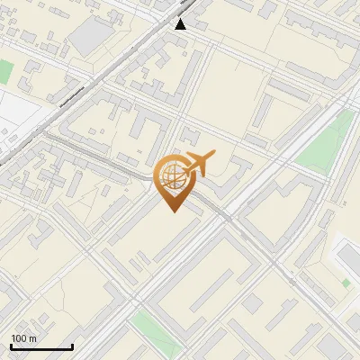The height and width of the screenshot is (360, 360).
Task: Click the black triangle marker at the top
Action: (181, 23)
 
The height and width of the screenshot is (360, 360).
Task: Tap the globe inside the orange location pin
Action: (172, 176)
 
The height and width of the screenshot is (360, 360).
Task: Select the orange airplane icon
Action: (198, 164)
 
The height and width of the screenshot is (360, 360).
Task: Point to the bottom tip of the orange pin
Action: (172, 211)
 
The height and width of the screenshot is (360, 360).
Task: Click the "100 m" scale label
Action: (23, 338)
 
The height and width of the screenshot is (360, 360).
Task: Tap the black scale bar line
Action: (41, 347)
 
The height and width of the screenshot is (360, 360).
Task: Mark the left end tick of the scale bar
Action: (11, 346)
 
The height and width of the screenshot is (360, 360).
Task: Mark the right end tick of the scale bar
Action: (72, 346)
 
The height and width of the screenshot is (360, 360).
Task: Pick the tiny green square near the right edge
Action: (346, 283)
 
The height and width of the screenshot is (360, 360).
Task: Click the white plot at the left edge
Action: (18, 112)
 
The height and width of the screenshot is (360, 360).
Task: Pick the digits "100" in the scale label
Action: (19, 338)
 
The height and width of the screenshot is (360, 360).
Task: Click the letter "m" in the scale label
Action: (33, 339)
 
